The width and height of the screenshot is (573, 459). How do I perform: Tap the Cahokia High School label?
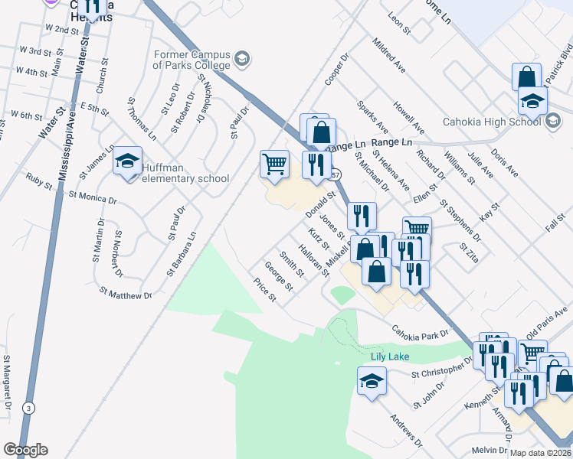[491, 122]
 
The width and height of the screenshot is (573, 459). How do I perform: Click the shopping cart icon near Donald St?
[274, 163]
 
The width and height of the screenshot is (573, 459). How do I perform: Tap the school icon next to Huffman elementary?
[128, 161]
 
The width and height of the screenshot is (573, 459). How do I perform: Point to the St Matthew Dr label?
[126, 294]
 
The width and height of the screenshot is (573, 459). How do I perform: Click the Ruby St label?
[38, 184]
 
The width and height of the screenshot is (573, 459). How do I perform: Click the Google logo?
[26, 450]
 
